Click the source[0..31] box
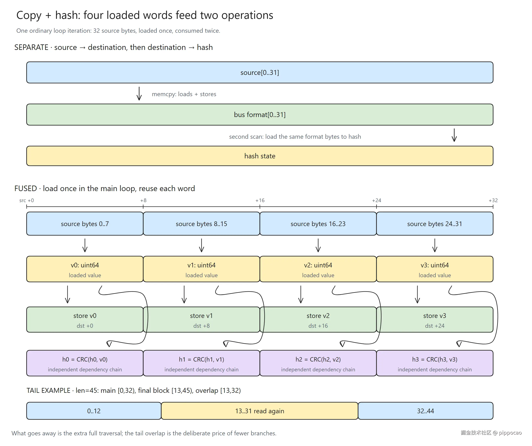(260, 72)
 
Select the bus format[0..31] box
(260, 115)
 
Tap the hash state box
(260, 156)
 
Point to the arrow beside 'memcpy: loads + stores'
(139, 93)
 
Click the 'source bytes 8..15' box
(201, 224)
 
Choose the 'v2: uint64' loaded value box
(318, 269)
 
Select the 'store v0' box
(85, 320)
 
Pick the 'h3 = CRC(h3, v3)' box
(435, 363)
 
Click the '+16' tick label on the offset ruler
(260, 200)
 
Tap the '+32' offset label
(493, 200)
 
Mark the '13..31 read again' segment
(260, 411)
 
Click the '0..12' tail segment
(94, 411)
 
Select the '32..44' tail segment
(426, 411)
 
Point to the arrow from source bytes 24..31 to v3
(435, 245)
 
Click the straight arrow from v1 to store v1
(184, 294)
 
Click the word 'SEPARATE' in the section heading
(31, 47)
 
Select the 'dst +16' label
(318, 326)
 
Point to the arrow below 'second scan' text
(454, 135)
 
